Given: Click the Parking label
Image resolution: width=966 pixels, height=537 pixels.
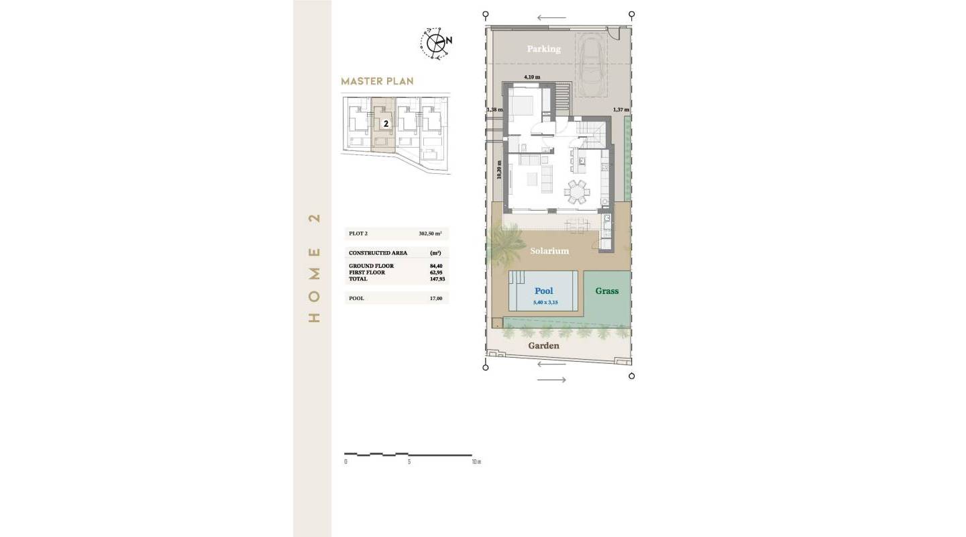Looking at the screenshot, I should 543,49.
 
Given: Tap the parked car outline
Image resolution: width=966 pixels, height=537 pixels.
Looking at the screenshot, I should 592,60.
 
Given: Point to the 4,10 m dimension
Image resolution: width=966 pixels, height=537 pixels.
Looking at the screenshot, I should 532,78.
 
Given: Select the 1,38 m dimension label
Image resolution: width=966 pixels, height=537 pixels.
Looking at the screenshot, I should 494,109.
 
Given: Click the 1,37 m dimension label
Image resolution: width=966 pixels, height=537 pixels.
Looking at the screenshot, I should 621,109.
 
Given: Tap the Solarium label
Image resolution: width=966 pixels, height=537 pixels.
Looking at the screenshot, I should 549,251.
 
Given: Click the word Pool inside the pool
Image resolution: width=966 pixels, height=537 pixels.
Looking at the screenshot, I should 543,291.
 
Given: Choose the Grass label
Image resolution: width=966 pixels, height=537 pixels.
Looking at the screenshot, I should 606,291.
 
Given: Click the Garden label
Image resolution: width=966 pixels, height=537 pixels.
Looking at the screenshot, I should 543,346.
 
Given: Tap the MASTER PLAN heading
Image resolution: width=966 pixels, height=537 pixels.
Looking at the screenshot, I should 377,81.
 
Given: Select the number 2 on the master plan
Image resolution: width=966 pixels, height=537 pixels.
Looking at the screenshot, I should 386,124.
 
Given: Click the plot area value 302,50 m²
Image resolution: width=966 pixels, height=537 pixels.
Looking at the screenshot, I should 430,234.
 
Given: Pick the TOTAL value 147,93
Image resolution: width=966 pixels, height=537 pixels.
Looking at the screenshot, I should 437,279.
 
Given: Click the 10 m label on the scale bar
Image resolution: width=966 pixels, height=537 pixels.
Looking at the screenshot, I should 476,462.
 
